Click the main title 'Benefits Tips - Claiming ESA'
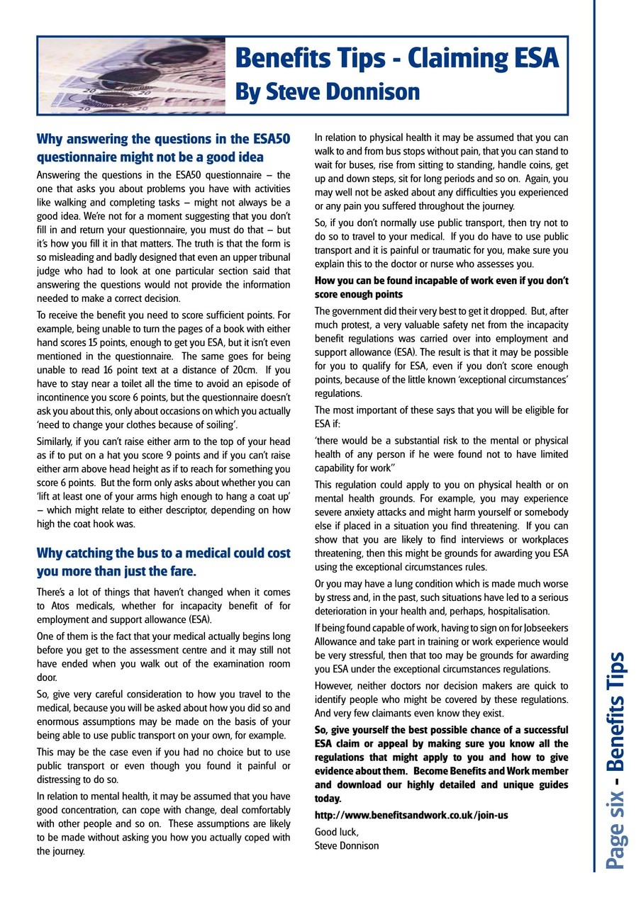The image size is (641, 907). coord(396,57)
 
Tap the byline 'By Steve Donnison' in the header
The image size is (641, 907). coord(327,91)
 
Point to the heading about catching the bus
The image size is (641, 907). coord(163,562)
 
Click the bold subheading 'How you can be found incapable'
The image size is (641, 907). coord(441,287)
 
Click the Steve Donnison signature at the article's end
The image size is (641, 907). coord(347,845)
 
